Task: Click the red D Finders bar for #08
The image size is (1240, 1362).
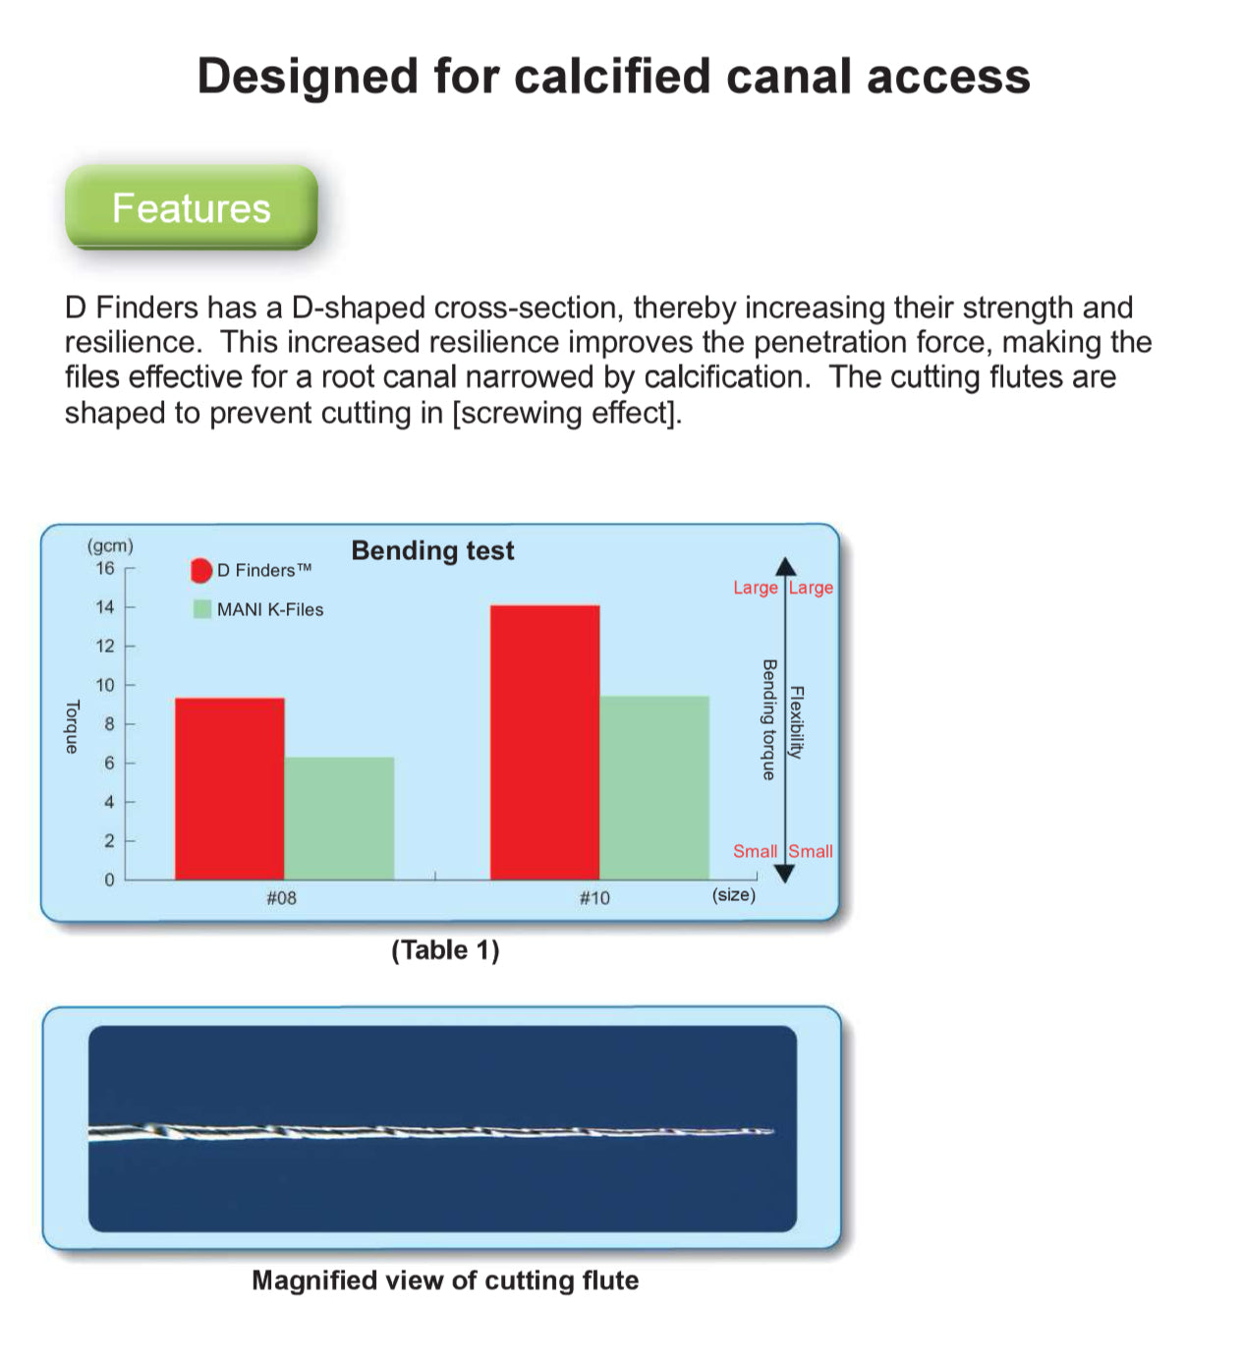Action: (230, 788)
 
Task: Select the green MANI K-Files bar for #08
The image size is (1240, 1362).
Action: (339, 819)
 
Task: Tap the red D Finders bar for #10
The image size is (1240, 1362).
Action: (544, 742)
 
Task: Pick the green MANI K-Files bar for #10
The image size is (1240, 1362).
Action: (654, 787)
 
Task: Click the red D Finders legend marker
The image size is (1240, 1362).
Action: (201, 570)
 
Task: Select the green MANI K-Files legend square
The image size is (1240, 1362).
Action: (201, 609)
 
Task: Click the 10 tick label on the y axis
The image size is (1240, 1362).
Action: (105, 684)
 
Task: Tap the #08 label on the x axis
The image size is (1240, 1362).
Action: (281, 897)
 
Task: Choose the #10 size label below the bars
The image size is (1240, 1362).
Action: (594, 897)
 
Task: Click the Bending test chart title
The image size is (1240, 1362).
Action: (432, 550)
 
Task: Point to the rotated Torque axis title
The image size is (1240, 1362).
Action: (72, 726)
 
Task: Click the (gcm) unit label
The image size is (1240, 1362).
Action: (110, 545)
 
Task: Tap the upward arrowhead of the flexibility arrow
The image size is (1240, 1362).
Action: (785, 566)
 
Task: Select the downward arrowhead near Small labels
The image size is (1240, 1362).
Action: (785, 874)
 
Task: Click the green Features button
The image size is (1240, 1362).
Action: (192, 207)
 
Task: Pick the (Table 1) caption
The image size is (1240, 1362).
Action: (445, 950)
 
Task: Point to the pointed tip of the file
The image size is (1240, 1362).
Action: (773, 1131)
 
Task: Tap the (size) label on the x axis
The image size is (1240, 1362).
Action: (733, 894)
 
